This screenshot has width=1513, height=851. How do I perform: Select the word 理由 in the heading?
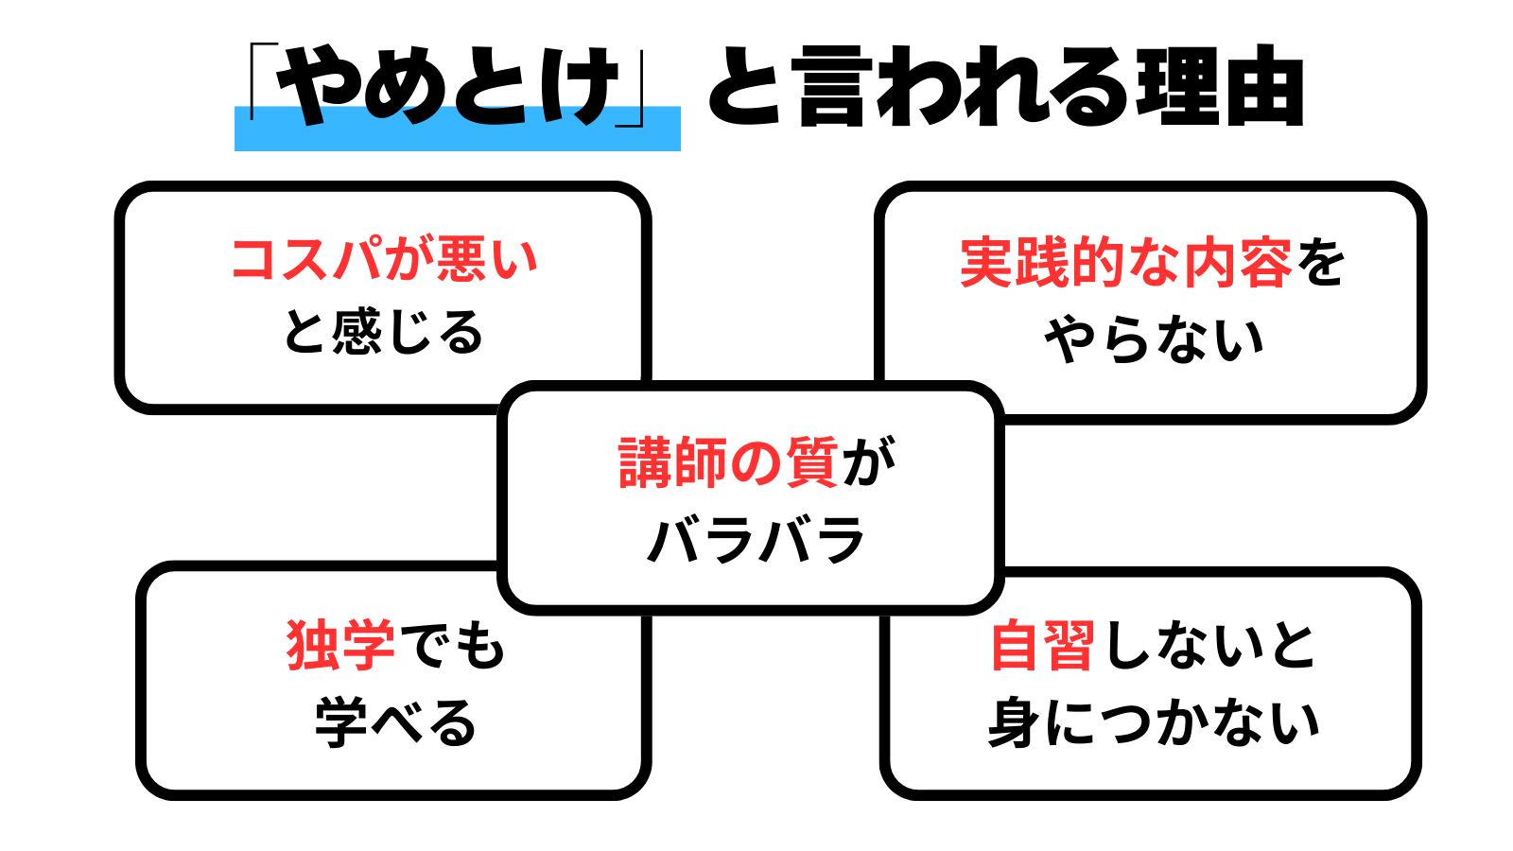[1220, 87]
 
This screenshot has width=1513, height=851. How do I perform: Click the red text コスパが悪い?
[384, 259]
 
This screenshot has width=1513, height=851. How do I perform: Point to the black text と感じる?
[384, 332]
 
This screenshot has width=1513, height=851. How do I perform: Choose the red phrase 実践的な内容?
[1125, 263]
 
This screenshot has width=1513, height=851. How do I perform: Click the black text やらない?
[1154, 340]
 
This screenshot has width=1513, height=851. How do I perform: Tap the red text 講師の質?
[728, 462]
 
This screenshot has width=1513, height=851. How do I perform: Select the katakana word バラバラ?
[756, 540]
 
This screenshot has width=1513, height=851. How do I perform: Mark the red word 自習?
[1042, 646]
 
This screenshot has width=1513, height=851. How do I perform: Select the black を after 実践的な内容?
[1321, 263]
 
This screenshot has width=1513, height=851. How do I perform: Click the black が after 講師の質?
[868, 462]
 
